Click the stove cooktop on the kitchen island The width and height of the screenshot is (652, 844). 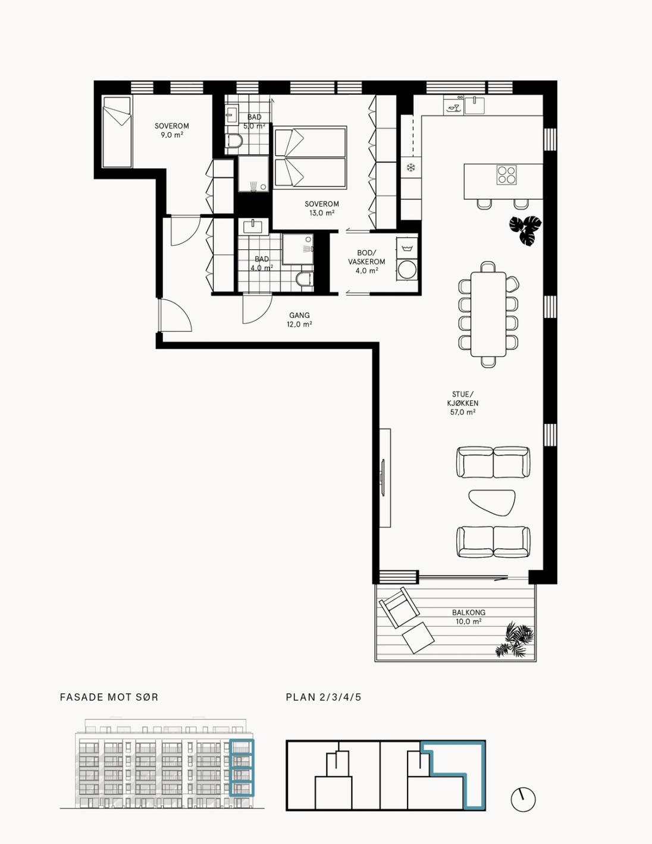click(x=506, y=174)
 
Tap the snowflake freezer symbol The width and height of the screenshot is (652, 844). click(x=410, y=168)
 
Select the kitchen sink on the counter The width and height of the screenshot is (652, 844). click(x=474, y=105)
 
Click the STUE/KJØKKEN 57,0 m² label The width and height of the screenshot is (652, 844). click(x=463, y=404)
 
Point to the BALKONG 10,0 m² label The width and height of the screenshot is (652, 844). click(x=468, y=617)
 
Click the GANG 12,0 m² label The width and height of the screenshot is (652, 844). click(x=299, y=320)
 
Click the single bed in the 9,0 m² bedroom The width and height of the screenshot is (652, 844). click(x=117, y=132)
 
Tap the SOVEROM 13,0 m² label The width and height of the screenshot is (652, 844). click(x=321, y=208)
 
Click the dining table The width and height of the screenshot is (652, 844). click(x=488, y=314)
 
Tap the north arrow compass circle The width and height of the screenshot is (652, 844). click(x=523, y=800)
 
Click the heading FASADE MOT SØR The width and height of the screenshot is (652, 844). click(x=109, y=697)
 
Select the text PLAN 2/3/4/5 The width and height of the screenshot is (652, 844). click(x=323, y=697)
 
